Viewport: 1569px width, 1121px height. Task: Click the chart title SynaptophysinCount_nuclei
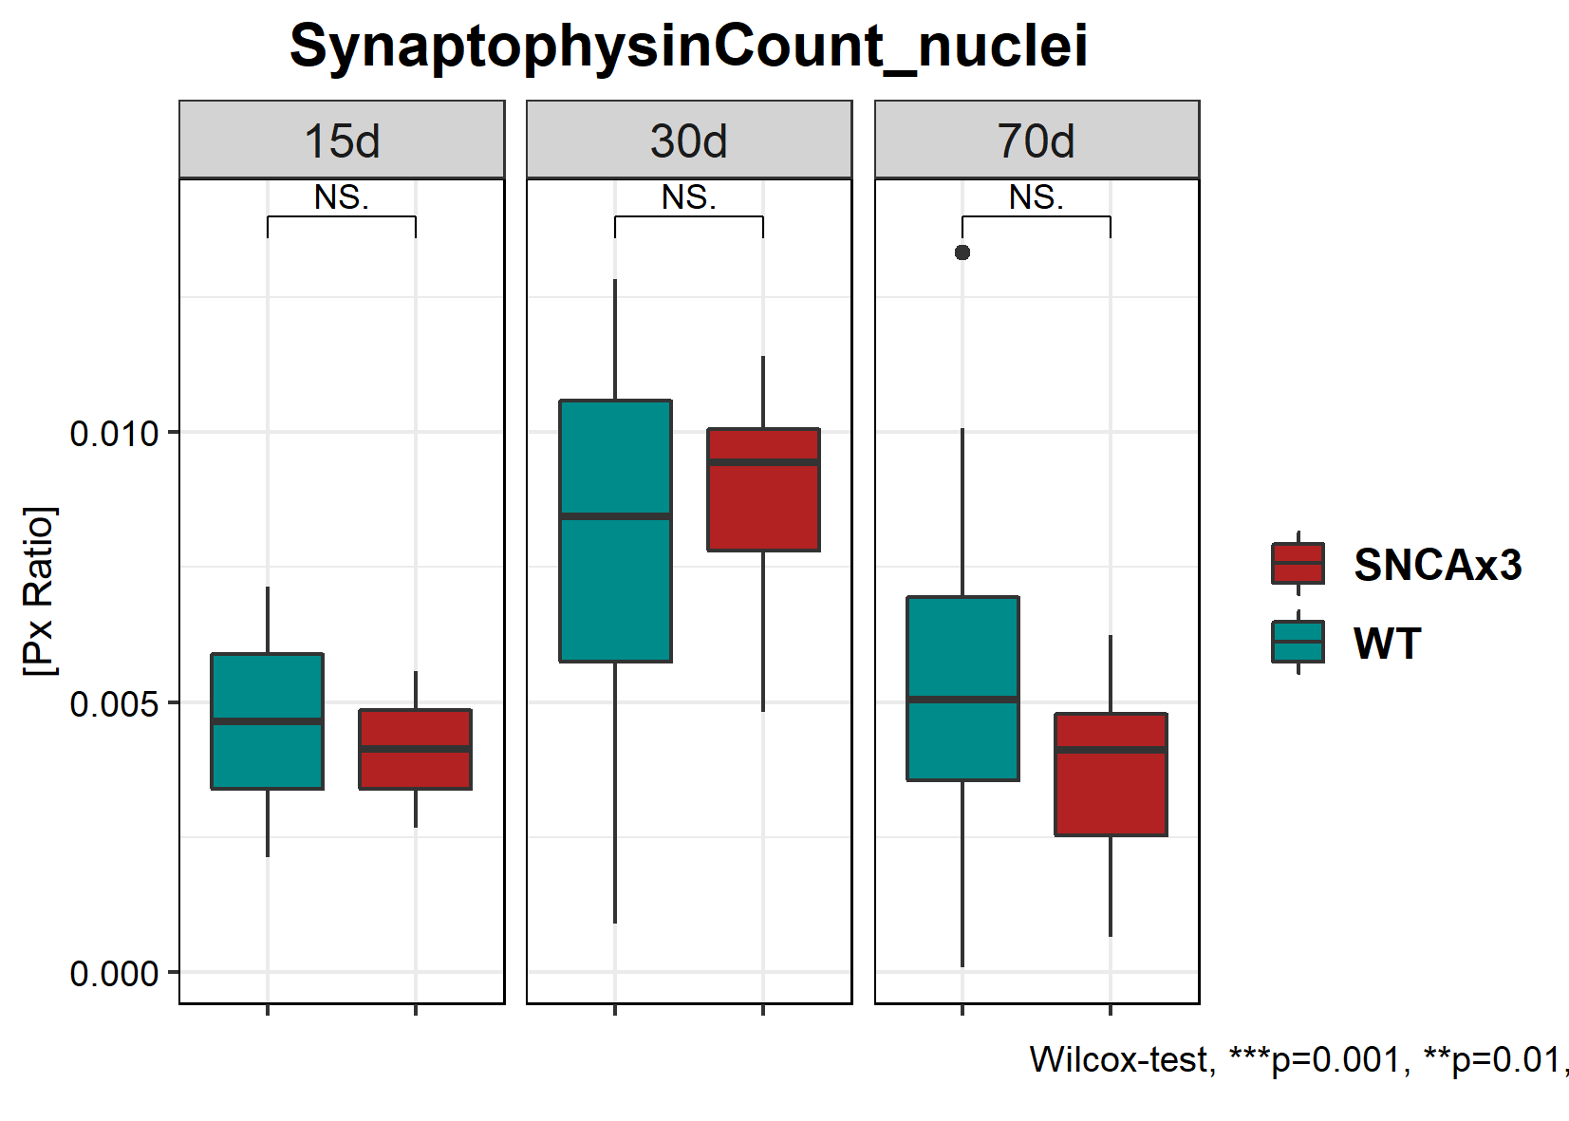(x=688, y=46)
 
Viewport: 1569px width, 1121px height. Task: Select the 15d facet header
(x=342, y=140)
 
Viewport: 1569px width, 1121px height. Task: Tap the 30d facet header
(x=689, y=140)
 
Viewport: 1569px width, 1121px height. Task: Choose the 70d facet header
(x=1037, y=140)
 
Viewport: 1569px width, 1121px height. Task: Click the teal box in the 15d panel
(x=268, y=721)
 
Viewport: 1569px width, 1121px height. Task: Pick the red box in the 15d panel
(x=415, y=749)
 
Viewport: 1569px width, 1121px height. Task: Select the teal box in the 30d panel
(x=616, y=531)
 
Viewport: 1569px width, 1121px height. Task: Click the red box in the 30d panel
(x=763, y=490)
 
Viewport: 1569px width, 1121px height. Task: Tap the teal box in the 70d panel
(x=962, y=688)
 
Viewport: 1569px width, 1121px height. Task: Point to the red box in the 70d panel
(x=1111, y=775)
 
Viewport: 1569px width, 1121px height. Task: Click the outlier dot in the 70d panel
(x=962, y=252)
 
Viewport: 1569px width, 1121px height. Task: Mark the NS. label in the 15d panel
(x=342, y=197)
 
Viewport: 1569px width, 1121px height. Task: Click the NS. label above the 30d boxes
(x=689, y=197)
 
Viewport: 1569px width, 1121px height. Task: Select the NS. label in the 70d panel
(x=1037, y=197)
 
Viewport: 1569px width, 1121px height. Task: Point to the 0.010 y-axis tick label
(x=114, y=434)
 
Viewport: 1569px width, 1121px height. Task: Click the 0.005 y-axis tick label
(x=114, y=704)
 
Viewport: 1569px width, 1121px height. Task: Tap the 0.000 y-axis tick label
(x=114, y=974)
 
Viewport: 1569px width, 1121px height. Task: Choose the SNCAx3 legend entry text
(x=1437, y=565)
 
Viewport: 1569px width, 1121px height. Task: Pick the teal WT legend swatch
(x=1298, y=643)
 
